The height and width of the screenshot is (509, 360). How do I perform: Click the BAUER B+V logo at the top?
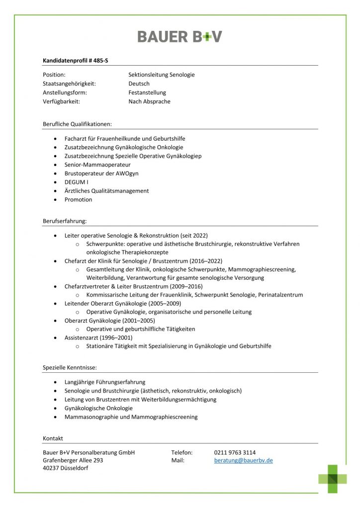[180, 36]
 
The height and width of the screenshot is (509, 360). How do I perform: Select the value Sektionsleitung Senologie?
[161, 75]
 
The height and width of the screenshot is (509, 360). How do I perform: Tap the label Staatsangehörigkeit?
[69, 84]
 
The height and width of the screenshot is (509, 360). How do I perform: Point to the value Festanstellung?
[147, 92]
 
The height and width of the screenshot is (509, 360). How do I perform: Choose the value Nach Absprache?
[149, 101]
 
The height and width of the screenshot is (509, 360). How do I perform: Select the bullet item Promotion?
[78, 200]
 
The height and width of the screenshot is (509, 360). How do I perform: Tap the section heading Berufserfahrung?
[65, 220]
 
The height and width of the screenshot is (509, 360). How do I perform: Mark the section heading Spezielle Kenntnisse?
[70, 367]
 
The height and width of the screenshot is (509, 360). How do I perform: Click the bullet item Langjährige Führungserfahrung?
[104, 382]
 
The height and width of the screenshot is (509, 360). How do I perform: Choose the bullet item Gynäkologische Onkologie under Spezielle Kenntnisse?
[98, 408]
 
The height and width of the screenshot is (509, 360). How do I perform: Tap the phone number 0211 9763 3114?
[235, 453]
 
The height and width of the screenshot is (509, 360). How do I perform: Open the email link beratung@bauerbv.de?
[243, 461]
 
